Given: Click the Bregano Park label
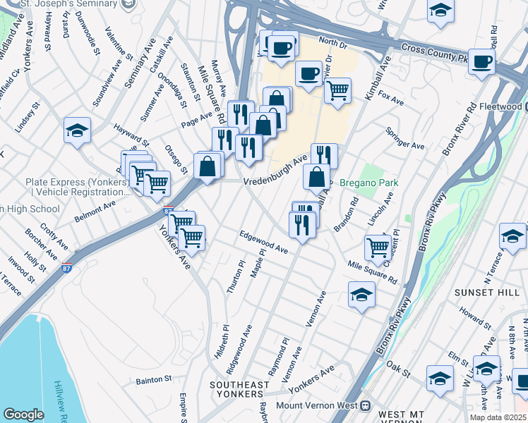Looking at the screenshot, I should click(x=368, y=183).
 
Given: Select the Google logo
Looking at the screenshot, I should click(x=23, y=415).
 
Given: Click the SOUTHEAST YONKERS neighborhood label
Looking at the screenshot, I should click(x=239, y=391).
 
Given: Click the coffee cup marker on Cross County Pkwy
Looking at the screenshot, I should click(x=483, y=61).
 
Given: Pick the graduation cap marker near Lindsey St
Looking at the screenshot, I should click(x=78, y=130).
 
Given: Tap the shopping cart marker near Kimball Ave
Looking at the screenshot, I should click(x=338, y=90).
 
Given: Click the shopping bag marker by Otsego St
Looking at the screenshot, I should click(x=208, y=167).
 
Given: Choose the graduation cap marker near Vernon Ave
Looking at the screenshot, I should click(x=361, y=294).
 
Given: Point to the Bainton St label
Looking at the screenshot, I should click(x=154, y=380).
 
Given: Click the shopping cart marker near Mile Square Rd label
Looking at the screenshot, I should click(x=378, y=247).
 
